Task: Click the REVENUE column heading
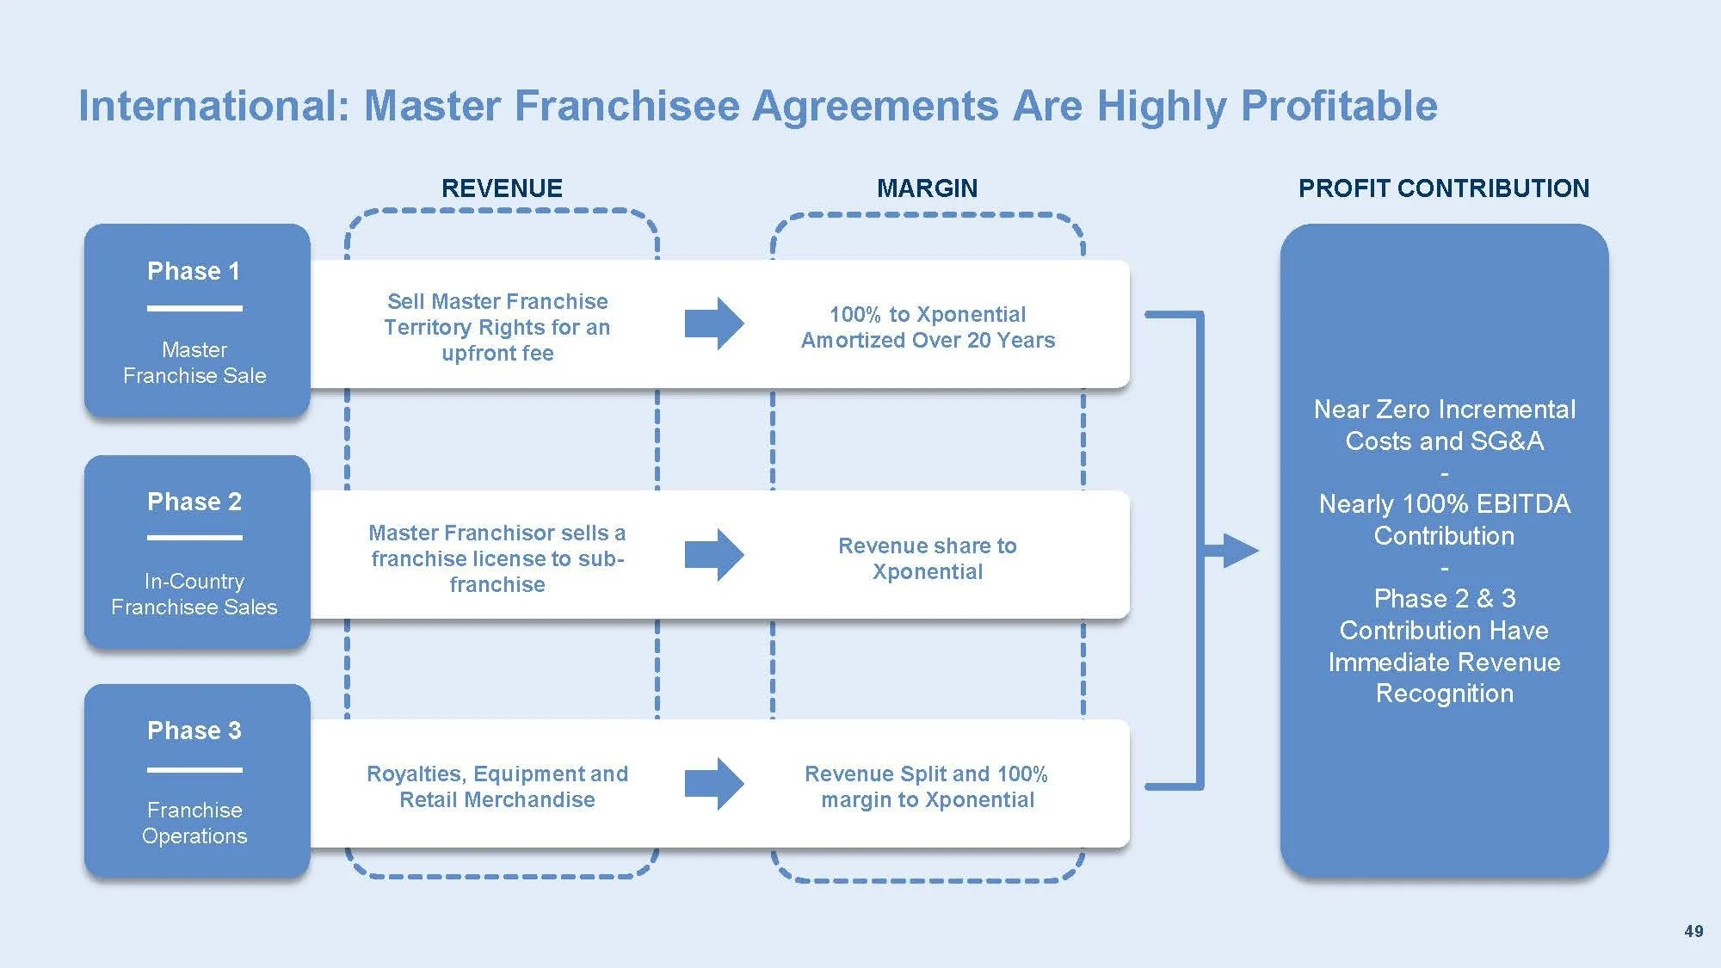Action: click(502, 188)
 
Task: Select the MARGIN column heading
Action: click(927, 188)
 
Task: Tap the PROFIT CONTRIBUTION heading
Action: click(1443, 188)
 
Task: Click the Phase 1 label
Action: click(194, 271)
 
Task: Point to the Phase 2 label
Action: click(194, 502)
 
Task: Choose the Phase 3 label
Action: click(194, 731)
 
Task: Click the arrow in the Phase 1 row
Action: click(714, 324)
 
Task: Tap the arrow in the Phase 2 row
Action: click(714, 555)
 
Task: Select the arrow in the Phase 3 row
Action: click(714, 784)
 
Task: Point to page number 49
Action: click(1693, 931)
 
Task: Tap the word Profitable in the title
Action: click(1339, 106)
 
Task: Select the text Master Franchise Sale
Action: click(194, 362)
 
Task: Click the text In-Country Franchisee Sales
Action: click(194, 594)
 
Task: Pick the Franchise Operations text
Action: click(194, 823)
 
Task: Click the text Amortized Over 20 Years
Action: click(928, 341)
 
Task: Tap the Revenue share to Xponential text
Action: click(928, 558)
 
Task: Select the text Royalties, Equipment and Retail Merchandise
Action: click(497, 786)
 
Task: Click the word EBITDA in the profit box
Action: click(1521, 504)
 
